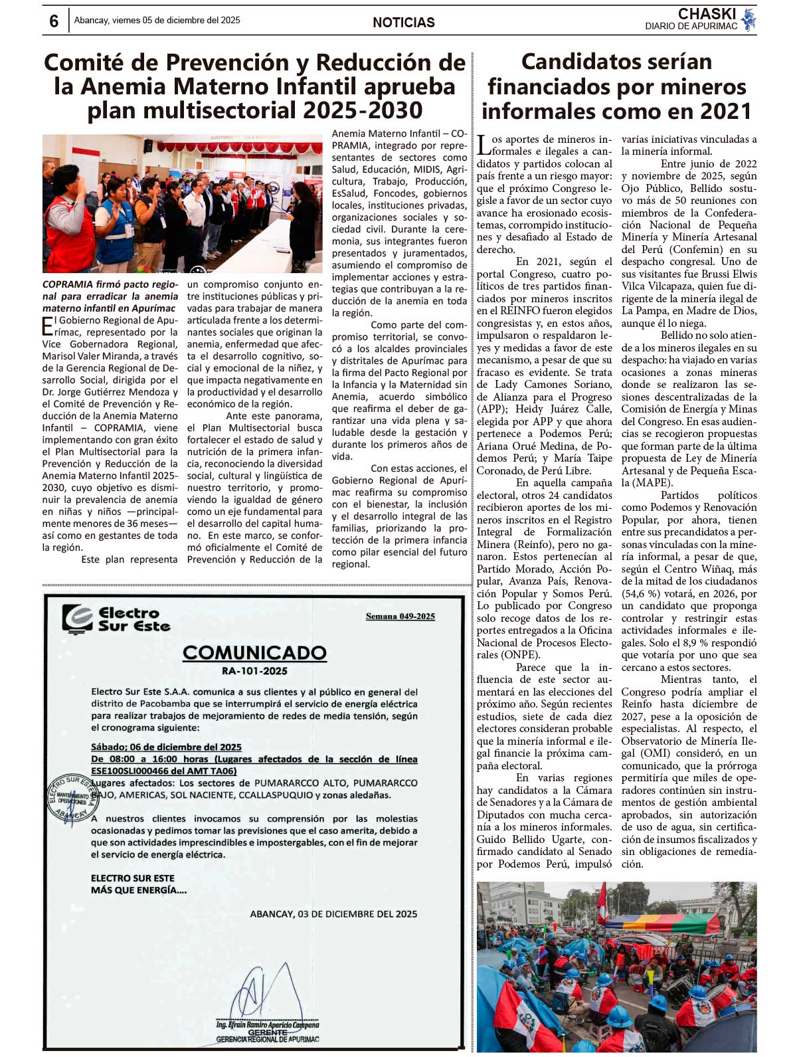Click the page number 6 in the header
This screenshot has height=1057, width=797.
tap(54, 21)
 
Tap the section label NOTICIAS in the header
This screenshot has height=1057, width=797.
tap(403, 23)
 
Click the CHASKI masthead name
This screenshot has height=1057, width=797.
tap(707, 13)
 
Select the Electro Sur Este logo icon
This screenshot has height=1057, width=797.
tap(77, 619)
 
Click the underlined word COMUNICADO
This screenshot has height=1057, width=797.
tap(254, 652)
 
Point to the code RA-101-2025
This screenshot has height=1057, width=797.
tap(254, 671)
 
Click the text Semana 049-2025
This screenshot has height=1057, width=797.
tap(400, 617)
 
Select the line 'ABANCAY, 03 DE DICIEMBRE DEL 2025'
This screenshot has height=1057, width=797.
tap(333, 914)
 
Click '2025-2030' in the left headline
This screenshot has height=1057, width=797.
tap(358, 111)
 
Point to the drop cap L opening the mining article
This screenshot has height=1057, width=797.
tap(484, 145)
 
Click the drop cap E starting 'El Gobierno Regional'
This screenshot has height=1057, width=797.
tap(47, 326)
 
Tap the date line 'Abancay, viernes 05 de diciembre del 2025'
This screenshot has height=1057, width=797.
tap(157, 21)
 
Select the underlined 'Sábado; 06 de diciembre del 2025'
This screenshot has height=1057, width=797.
tap(166, 747)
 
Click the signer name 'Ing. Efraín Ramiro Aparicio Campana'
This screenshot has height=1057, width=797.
tap(267, 1024)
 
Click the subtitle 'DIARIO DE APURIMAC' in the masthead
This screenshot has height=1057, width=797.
tap(691, 27)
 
